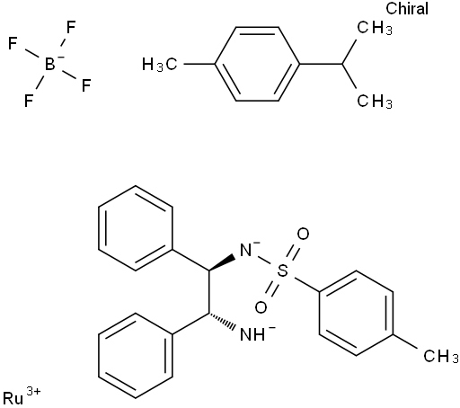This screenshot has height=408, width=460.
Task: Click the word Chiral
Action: click(407, 8)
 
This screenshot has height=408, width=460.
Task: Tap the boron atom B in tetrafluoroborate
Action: click(50, 64)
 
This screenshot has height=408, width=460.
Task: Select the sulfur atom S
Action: click(282, 271)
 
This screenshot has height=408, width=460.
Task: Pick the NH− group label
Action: click(257, 333)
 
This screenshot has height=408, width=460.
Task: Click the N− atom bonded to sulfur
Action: click(248, 250)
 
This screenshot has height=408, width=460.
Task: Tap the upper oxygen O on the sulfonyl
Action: click(303, 234)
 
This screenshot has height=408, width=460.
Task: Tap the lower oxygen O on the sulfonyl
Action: click(261, 307)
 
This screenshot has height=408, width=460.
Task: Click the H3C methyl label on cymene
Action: click(159, 65)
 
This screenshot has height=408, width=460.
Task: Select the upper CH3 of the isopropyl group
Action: click(375, 28)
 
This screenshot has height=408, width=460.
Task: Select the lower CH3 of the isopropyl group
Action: click(375, 101)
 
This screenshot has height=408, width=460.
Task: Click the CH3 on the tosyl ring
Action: click(441, 356)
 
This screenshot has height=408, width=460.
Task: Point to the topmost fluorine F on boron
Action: click(71, 27)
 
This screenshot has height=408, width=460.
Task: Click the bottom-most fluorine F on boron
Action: click(29, 101)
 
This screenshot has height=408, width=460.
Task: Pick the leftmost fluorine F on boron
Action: click(13, 43)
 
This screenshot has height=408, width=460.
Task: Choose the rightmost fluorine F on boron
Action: click(86, 85)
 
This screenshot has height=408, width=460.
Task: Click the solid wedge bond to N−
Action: click(221, 263)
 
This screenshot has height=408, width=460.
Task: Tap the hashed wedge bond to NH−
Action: click(221, 322)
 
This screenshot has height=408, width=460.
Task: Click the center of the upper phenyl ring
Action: click(136, 228)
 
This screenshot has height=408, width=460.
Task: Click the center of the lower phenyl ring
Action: click(136, 356)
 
